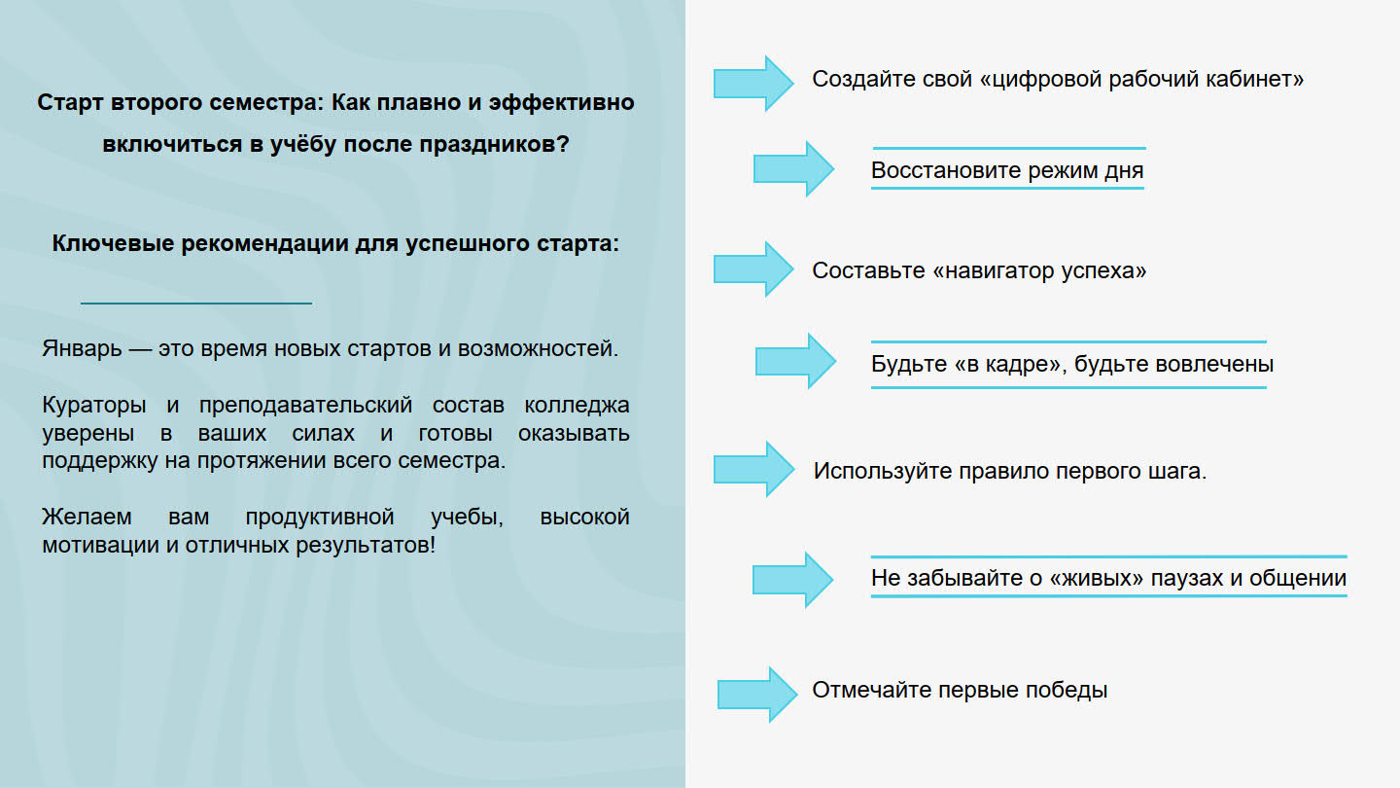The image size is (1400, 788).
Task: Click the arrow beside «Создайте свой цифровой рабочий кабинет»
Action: tap(753, 84)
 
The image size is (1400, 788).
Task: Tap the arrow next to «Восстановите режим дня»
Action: tap(793, 169)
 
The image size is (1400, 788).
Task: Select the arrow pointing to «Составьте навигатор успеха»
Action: tap(753, 269)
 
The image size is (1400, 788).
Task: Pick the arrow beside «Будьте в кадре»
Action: tap(795, 361)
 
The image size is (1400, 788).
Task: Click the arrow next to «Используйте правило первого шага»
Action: tap(754, 469)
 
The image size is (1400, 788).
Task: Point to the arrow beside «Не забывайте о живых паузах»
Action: tap(792, 580)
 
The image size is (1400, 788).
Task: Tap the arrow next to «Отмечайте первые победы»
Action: tap(757, 695)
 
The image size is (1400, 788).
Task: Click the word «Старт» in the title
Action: tap(70, 102)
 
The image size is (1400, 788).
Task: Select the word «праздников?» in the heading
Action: tap(494, 144)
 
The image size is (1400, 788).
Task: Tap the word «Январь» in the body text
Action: tap(82, 348)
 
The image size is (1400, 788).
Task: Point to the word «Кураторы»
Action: tap(93, 406)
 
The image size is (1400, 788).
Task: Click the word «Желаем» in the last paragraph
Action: tap(87, 518)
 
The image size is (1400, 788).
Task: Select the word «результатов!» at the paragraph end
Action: tap(365, 546)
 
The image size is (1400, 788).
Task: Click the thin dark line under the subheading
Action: tap(196, 304)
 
